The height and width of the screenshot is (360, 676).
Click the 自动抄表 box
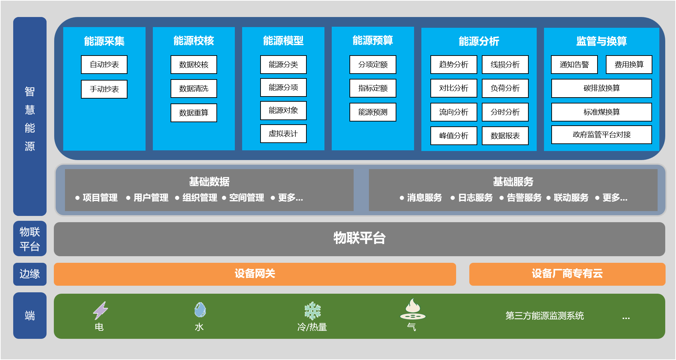point(104,65)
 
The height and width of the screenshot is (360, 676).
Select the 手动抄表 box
point(104,89)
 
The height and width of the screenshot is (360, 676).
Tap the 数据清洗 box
point(193,89)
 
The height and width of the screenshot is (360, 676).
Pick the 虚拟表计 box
point(283,134)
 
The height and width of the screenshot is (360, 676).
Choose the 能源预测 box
point(373,112)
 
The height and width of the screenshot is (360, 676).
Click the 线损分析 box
point(505,65)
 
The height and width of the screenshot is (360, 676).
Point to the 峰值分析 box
point(454,136)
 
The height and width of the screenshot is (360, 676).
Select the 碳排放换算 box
point(601,88)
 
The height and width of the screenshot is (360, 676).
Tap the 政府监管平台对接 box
point(601,135)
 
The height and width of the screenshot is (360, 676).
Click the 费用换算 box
point(629,65)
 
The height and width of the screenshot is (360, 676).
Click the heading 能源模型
point(283,41)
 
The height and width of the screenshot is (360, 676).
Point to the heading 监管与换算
point(601,41)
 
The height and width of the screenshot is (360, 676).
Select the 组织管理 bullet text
point(200,198)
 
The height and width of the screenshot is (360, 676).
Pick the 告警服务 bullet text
point(524,198)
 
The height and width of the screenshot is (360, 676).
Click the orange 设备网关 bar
point(255,274)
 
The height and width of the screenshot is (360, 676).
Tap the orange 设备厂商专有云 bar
point(567,274)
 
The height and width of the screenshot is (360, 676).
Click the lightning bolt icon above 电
point(100,310)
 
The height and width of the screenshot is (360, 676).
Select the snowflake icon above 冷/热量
point(312,310)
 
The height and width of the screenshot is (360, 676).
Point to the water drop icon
point(200,310)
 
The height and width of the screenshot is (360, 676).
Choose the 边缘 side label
point(30,274)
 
